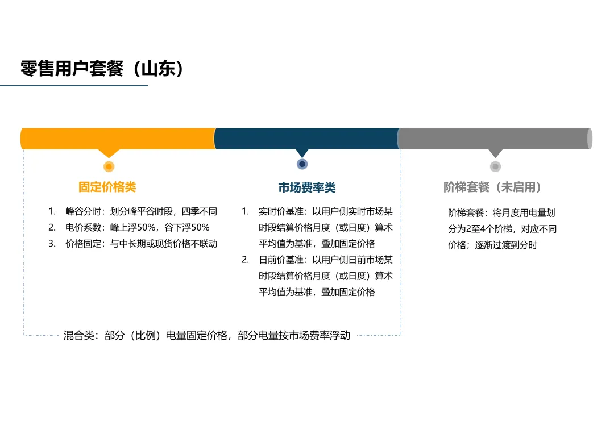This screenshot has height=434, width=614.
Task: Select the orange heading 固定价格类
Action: pos(107,187)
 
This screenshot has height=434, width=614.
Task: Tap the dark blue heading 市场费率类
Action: pos(307,187)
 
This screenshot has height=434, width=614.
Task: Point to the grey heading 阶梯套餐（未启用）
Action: pos(492,187)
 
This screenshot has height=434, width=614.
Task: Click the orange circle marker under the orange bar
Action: pos(109,166)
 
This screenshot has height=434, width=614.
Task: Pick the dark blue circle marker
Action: pos(302,164)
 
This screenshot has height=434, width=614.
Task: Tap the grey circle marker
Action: pos(495,166)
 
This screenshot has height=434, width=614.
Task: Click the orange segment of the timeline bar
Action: pos(118,139)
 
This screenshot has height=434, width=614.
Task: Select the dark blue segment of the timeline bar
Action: pos(307,139)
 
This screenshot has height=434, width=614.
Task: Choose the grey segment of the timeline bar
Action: pos(495,139)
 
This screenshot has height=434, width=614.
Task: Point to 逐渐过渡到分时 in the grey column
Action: pos(505,245)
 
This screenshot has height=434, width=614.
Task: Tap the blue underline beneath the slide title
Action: pos(74,86)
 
